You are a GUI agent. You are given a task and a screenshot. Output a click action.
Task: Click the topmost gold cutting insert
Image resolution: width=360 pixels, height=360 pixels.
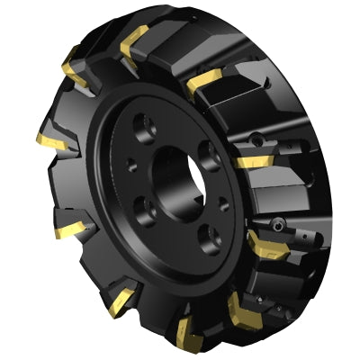click(x=135, y=39)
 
